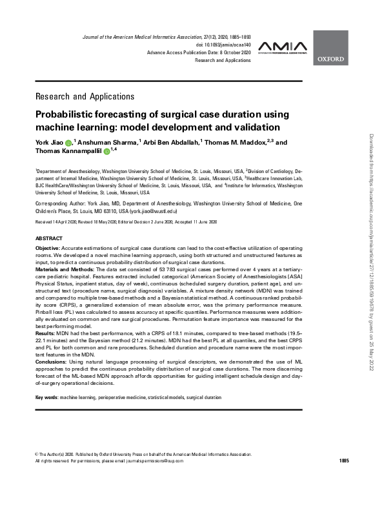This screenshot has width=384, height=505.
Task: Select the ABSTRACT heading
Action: pos(49,238)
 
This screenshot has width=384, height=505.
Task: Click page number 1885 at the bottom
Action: pos(343,460)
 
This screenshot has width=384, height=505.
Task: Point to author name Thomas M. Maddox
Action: pos(238,142)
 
